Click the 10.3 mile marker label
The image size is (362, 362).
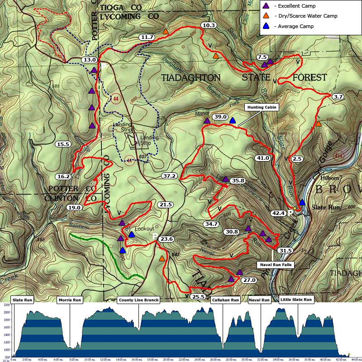coord(209,25)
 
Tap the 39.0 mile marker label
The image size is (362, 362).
coord(220,117)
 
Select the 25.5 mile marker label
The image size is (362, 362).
coord(198,297)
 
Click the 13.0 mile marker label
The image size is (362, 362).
coord(89,60)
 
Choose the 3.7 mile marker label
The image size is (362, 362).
coord(338,97)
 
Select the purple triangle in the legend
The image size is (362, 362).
coord(267,6)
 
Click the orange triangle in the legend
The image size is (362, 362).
coord(267,16)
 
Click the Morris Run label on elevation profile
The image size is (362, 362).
coord(70,300)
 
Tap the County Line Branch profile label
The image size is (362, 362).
coord(138,300)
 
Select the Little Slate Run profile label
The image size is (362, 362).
coord(296,300)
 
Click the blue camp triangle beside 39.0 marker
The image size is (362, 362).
coord(233,120)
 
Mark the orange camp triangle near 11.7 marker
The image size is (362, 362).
coord(166,32)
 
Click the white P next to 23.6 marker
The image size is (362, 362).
coord(155,236)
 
